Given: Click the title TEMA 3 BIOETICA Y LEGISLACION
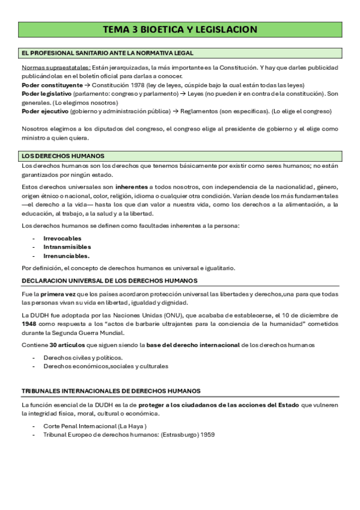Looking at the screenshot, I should click(x=180, y=29).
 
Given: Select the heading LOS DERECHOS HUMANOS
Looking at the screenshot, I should click(x=63, y=156).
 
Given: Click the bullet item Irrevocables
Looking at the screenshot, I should click(x=63, y=238).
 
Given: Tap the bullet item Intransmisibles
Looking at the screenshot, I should click(x=67, y=247).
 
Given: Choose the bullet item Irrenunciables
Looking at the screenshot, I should click(x=66, y=256).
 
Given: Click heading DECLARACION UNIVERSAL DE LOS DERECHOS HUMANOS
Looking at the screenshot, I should click(x=109, y=281).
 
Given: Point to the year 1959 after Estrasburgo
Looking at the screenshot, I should click(x=207, y=434).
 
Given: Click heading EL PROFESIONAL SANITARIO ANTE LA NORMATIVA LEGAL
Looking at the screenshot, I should click(x=107, y=54).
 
